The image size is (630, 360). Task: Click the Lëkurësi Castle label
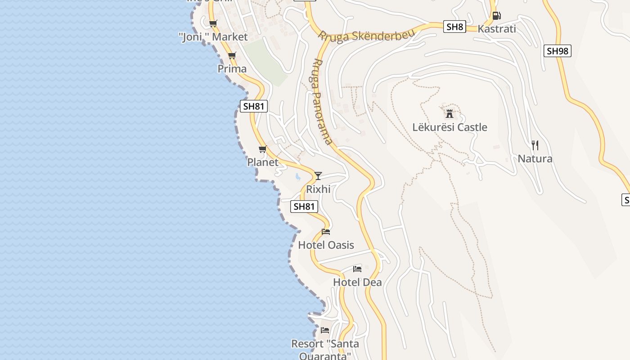(x=450, y=127)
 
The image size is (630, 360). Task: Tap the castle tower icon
(x=449, y=113)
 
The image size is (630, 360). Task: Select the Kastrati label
(x=497, y=29)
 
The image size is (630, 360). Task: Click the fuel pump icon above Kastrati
(x=496, y=15)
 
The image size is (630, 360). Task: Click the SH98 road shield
(x=557, y=51)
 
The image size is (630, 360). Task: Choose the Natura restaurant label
(x=535, y=158)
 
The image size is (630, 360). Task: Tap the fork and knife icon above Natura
(x=535, y=145)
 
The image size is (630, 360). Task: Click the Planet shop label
(x=263, y=162)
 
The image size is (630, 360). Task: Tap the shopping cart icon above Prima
(x=232, y=56)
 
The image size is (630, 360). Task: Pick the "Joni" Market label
(x=213, y=37)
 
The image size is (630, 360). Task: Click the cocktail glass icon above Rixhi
(x=318, y=175)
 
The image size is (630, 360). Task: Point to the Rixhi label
(x=318, y=189)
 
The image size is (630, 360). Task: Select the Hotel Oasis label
(x=326, y=245)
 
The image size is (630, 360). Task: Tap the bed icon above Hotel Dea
(x=357, y=269)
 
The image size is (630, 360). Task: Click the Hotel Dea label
(x=357, y=282)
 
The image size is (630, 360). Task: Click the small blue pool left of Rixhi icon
(x=297, y=177)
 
